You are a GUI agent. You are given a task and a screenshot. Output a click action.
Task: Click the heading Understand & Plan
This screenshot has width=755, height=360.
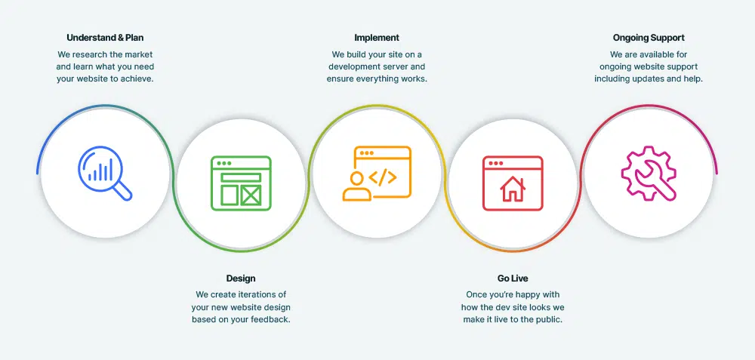105,38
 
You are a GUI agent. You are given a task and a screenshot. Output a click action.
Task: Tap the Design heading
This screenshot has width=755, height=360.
241,278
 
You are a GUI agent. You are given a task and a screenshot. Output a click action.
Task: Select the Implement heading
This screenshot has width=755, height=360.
377,38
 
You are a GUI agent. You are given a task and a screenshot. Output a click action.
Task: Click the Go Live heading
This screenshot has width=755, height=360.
513,278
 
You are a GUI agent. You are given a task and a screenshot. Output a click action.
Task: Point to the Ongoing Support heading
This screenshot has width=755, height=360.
649,38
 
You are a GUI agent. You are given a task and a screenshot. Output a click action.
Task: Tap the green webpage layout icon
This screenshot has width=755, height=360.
242,183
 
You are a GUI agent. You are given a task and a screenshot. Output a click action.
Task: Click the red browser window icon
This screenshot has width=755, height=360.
513,183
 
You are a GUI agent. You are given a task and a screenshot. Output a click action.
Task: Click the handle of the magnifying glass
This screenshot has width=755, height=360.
123,192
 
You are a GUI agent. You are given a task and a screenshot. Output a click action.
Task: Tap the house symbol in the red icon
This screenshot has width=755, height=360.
513,189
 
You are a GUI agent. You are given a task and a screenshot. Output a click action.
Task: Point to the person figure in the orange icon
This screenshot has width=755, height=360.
357,186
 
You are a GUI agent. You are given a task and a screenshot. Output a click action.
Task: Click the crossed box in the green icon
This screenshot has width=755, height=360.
251,195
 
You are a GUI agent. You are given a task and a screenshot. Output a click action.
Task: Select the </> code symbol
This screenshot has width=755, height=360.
383,177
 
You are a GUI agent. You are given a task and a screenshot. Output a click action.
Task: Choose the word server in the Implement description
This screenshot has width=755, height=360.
397,67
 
